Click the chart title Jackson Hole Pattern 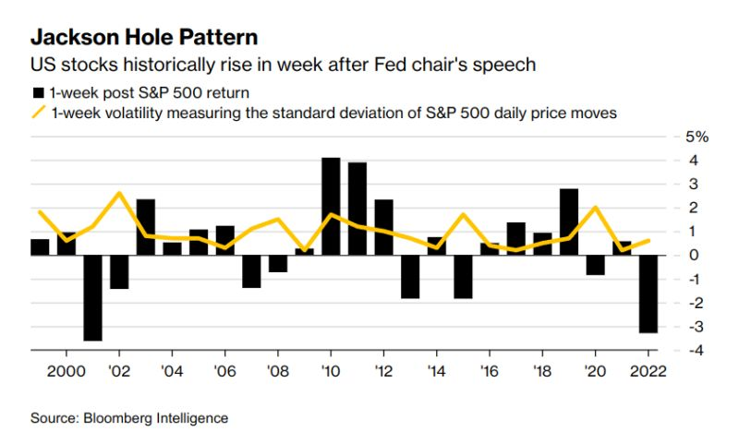[x=143, y=38]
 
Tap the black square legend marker [x=39, y=92]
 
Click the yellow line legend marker [x=39, y=114]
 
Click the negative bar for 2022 [x=648, y=293]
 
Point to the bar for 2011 [x=357, y=209]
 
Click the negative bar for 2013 [x=410, y=276]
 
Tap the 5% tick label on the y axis [x=696, y=138]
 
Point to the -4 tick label [x=699, y=351]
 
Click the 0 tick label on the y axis [x=702, y=256]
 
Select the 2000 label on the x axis [x=66, y=372]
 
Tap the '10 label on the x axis [x=330, y=372]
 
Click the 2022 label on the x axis [x=647, y=372]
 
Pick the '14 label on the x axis [x=436, y=372]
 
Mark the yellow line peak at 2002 [x=119, y=194]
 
